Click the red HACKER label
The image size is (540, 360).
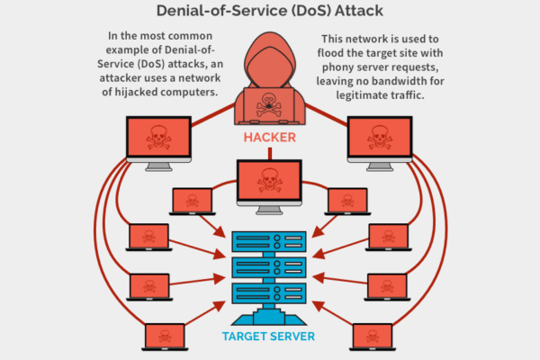coord(270,139)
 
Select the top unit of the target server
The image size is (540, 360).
coord(270,241)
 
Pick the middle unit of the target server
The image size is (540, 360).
coord(270,266)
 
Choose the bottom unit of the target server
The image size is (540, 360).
coord(270,292)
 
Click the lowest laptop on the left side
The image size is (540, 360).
coord(166,337)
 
